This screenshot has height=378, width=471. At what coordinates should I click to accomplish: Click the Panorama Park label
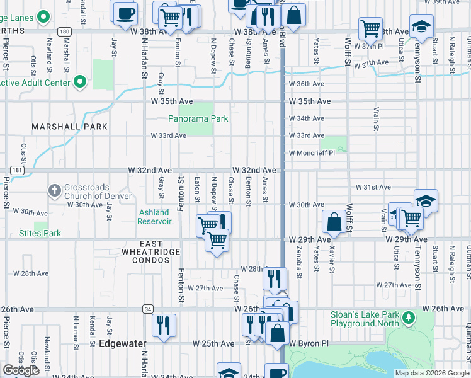click(x=198, y=118)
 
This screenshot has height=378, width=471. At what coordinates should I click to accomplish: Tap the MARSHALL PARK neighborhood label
click(x=70, y=127)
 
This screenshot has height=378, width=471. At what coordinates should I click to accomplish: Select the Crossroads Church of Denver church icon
click(x=55, y=190)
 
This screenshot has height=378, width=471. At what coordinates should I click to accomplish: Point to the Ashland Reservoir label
click(x=156, y=217)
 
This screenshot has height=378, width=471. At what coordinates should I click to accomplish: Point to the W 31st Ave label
click(x=373, y=187)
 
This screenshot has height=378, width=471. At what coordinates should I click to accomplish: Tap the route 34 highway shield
click(x=147, y=309)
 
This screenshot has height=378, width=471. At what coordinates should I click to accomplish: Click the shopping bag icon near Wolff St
click(x=334, y=222)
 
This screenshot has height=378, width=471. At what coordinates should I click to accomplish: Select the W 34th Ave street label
click(x=307, y=118)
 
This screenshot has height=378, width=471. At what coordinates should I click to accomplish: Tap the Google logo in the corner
click(x=21, y=370)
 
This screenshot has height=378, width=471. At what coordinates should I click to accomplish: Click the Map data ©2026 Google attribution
click(x=433, y=373)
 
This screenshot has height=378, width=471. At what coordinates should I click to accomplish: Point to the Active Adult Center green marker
click(x=79, y=82)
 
